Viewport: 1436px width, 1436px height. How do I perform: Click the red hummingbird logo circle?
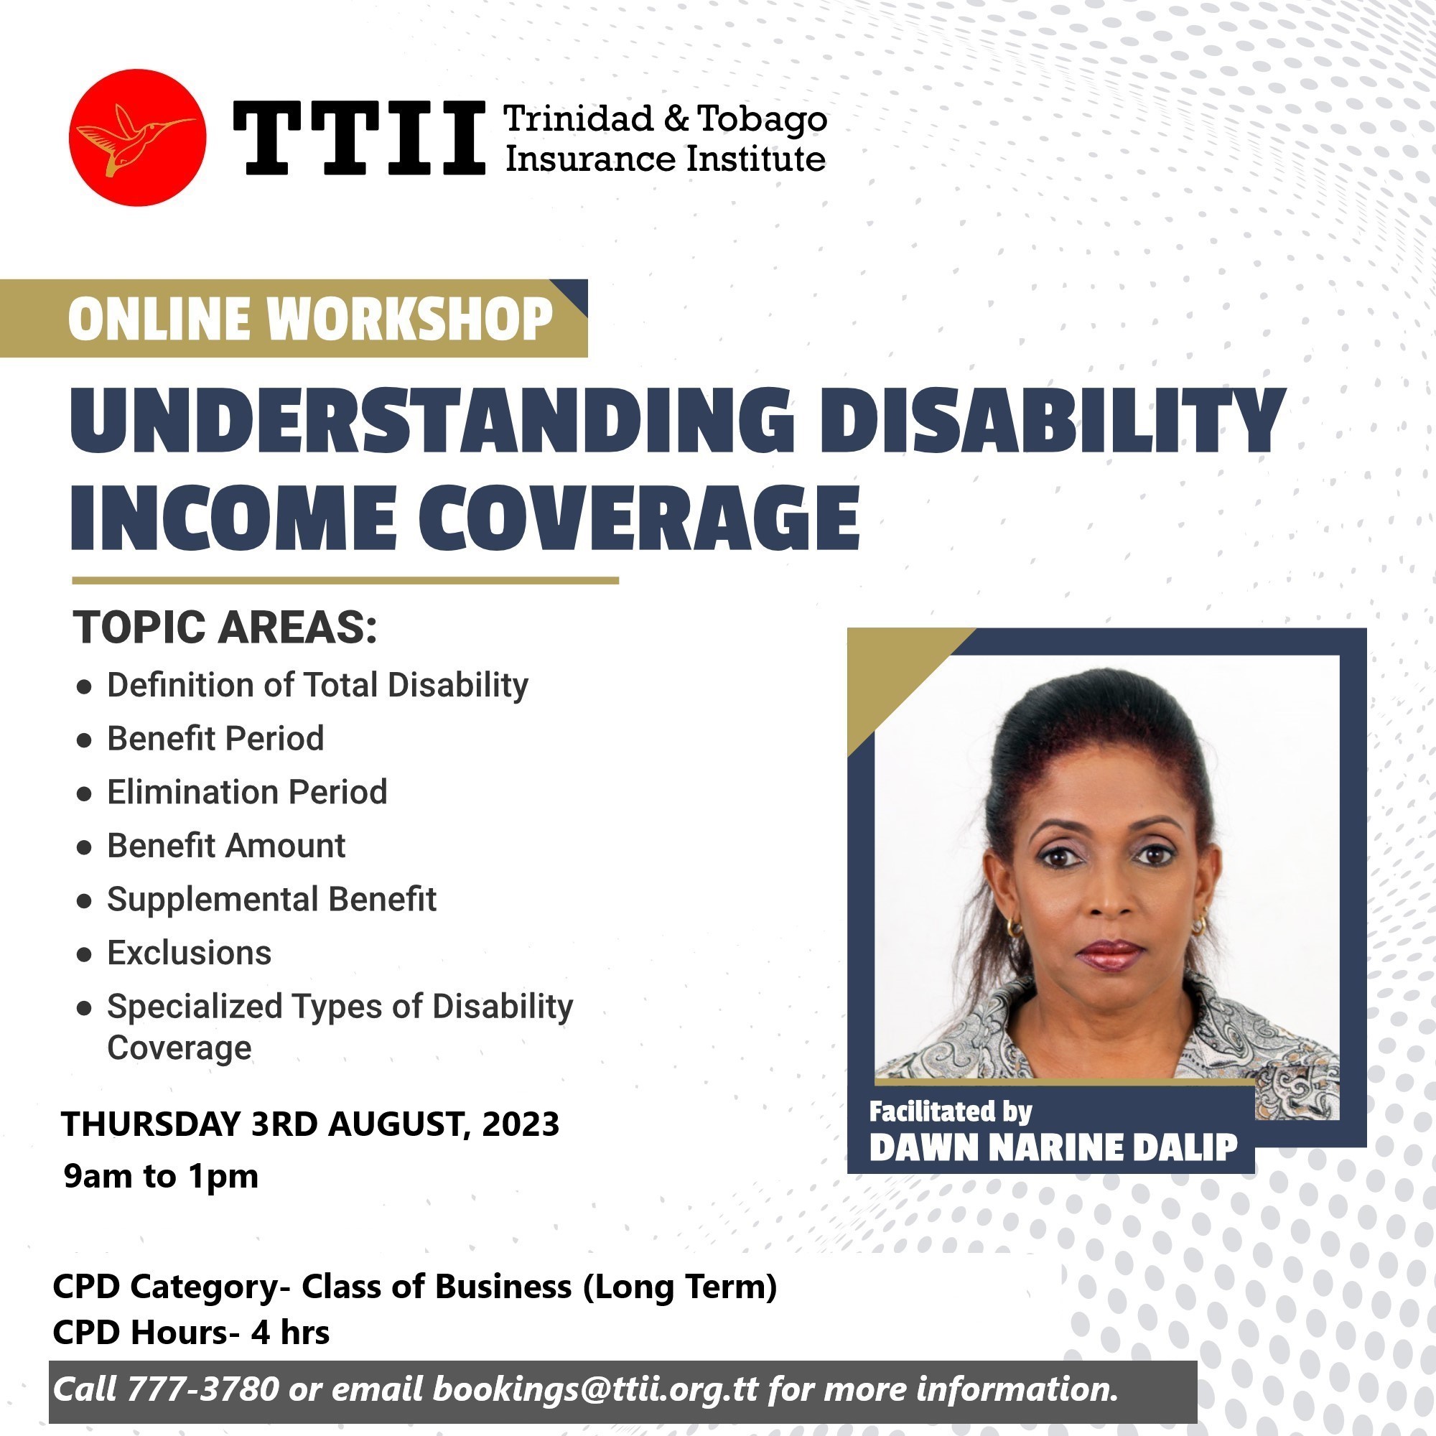tap(138, 138)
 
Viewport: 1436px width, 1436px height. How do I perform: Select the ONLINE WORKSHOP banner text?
tap(311, 319)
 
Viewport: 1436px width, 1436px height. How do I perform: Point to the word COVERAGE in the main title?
tap(638, 517)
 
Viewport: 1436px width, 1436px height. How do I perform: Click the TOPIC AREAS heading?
tap(225, 627)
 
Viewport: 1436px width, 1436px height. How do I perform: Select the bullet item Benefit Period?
tap(215, 738)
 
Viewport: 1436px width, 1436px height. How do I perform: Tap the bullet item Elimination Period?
tap(247, 791)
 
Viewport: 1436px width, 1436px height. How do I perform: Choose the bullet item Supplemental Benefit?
tap(271, 899)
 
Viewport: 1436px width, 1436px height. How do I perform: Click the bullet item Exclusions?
tap(190, 952)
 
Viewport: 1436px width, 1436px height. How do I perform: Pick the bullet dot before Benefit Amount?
tap(84, 847)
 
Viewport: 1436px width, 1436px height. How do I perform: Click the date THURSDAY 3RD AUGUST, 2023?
tap(310, 1124)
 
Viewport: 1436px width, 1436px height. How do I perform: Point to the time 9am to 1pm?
tap(162, 1176)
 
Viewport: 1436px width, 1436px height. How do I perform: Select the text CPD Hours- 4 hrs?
tap(191, 1332)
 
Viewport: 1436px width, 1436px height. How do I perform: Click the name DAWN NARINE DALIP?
tap(1053, 1147)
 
